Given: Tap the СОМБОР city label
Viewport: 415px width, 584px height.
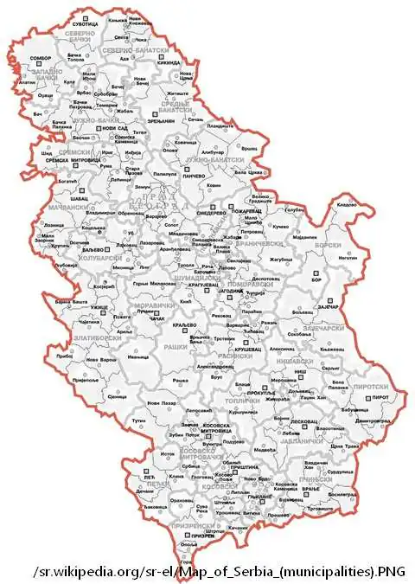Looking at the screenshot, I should point(41,59).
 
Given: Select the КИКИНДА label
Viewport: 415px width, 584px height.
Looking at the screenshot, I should point(169,63).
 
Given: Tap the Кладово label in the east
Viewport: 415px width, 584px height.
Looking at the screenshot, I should point(346,204).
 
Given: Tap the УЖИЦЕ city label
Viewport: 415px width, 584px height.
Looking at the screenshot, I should point(99,307).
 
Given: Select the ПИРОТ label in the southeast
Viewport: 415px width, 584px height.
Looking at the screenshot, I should point(380,397).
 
